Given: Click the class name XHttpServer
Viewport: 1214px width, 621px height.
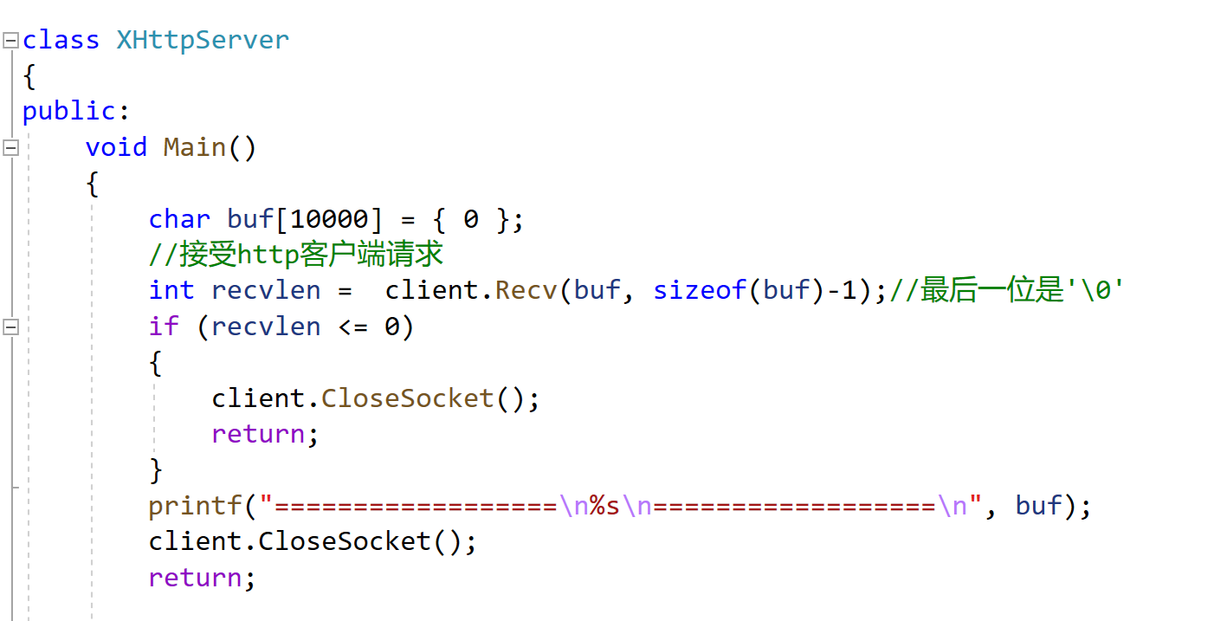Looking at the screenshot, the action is tap(203, 40).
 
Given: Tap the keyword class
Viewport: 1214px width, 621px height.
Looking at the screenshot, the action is tap(61, 40).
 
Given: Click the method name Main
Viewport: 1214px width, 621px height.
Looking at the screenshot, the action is tap(195, 147).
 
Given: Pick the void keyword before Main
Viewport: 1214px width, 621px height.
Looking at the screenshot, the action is tap(116, 147).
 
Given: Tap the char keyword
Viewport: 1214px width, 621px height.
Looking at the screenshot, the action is tap(179, 219).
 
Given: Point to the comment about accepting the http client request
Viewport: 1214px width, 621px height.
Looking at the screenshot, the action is tap(296, 255).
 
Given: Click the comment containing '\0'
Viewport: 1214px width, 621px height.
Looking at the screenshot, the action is tap(1006, 290).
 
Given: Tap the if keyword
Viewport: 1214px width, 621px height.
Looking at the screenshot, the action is tap(164, 327).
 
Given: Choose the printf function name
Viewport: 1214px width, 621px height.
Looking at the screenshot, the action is tap(195, 506).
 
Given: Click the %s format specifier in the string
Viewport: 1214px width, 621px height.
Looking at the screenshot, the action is tap(604, 506).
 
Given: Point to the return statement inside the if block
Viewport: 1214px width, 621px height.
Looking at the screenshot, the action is tap(258, 434).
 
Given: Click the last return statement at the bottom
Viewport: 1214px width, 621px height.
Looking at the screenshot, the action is tap(195, 578).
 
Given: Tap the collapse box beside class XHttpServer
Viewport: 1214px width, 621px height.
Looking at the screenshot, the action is tap(10, 40).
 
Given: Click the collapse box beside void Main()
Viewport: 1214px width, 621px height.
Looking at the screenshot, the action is tap(10, 147).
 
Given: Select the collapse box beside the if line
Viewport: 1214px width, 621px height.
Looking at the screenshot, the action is tap(10, 327).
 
